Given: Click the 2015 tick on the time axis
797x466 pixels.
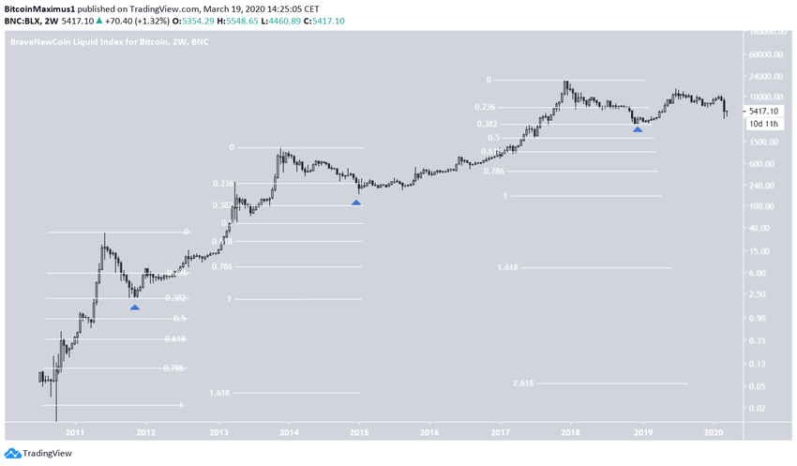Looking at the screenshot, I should (x=359, y=432).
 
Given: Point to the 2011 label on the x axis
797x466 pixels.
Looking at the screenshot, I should (x=75, y=432).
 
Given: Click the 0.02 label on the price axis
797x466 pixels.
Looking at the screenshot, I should (x=759, y=408).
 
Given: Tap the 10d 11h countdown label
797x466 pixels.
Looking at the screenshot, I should (x=763, y=123).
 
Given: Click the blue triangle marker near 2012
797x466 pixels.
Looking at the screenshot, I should (x=135, y=307).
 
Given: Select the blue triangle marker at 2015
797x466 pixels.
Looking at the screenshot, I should (x=356, y=202).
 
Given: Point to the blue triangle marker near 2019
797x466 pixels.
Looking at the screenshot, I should (x=638, y=129).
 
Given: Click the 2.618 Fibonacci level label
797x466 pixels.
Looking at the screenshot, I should (x=523, y=383).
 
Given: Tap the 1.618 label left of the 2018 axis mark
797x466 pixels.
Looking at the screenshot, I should (x=508, y=267).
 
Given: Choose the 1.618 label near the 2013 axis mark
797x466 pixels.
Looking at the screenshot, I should (x=220, y=393).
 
